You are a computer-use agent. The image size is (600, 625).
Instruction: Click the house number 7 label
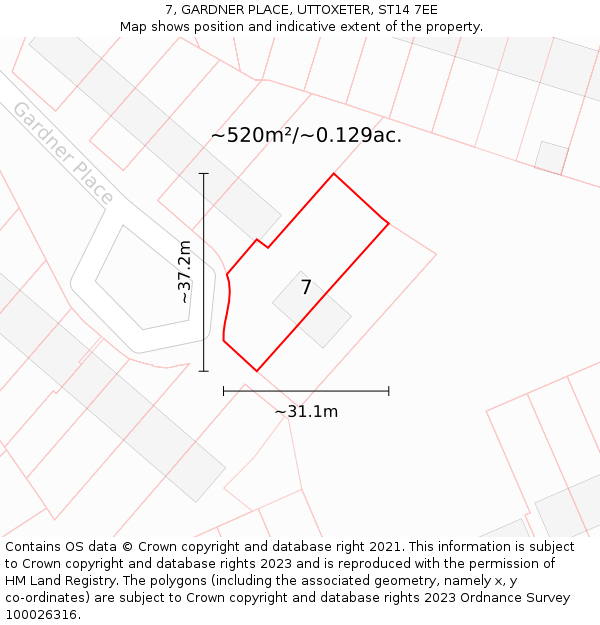306,288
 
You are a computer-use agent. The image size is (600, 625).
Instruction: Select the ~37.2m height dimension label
184,272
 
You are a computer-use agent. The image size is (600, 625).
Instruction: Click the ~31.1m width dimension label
306,411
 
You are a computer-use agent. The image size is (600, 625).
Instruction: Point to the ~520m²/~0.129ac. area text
306,136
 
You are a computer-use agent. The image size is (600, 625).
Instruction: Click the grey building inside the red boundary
312,310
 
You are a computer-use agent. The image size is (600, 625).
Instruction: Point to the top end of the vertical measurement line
204,174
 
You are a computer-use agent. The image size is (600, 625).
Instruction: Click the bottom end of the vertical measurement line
204,371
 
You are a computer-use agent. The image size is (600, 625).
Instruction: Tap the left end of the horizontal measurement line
224,391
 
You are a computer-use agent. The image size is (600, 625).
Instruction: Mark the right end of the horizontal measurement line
389,391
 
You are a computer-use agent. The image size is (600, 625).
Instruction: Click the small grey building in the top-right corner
551,157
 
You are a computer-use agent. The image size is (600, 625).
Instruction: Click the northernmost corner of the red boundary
333,174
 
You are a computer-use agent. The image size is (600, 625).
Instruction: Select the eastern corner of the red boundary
388,223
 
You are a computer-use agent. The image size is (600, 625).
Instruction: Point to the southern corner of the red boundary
257,371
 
